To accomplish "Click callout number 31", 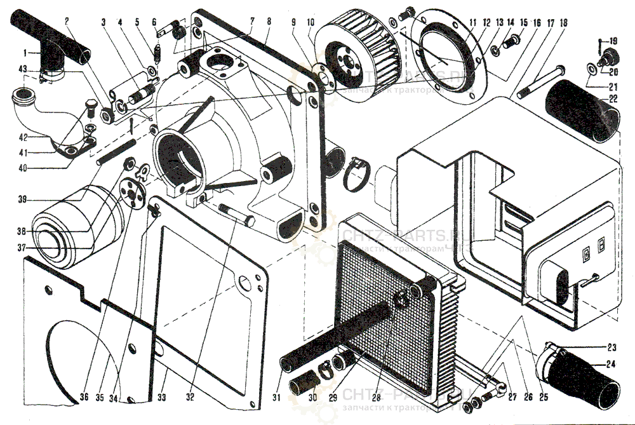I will click(x=276, y=398).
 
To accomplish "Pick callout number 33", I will click(x=163, y=398).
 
